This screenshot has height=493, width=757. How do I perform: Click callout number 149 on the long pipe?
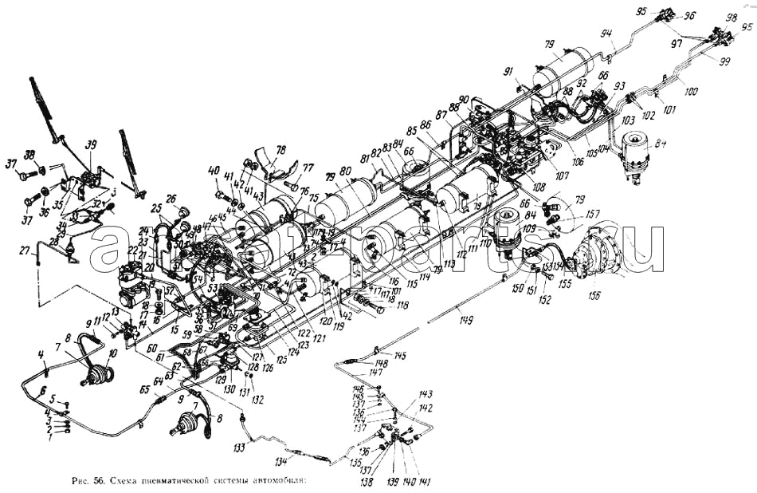tap(465, 321)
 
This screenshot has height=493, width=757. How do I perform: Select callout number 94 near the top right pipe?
tap(606, 34)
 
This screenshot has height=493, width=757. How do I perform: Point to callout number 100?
tap(690, 92)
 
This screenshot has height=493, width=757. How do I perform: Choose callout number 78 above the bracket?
tap(280, 149)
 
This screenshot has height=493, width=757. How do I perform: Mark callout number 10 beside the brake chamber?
tap(111, 353)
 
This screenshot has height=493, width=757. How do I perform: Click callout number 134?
tap(280, 462)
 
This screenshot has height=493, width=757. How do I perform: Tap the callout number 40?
tap(214, 170)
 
